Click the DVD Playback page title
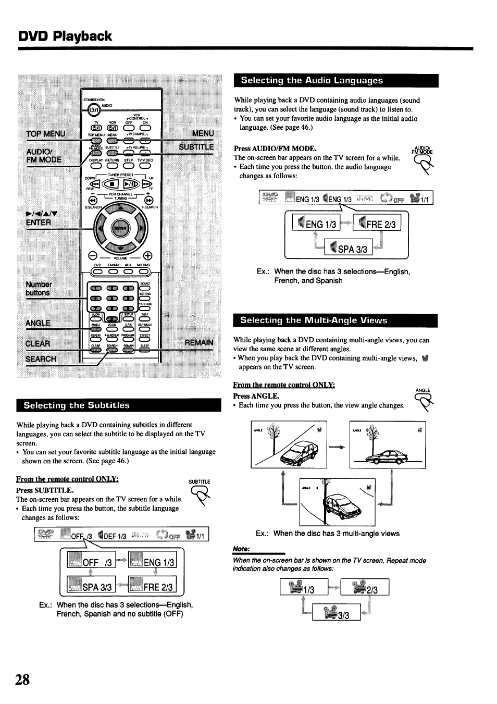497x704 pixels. tap(65, 36)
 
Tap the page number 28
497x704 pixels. tap(23, 680)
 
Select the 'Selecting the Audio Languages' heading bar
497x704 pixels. tap(336, 81)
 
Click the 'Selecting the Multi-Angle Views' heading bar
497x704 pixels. tap(336, 320)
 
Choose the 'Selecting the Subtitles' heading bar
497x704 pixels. tap(119, 405)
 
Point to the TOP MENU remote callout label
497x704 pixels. tap(46, 133)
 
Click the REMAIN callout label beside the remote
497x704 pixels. tap(199, 342)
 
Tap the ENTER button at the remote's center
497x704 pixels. tap(120, 229)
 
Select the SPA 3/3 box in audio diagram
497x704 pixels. tap(348, 249)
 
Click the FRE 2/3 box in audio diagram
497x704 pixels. tap(377, 224)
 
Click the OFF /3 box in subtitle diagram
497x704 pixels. tap(91, 562)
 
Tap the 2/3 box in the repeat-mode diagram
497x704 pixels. tap(365, 589)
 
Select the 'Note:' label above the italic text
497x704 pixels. tap(242, 549)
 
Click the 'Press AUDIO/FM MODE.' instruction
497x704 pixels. tap(275, 149)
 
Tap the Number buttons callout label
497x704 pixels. tap(39, 289)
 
